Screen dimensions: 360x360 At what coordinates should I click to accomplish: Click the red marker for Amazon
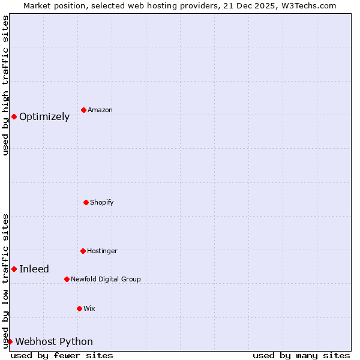click(83, 110)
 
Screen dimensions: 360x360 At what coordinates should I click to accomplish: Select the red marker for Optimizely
click(14, 116)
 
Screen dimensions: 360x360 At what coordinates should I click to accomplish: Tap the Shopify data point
click(86, 202)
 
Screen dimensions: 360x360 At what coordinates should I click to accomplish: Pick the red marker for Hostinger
click(83, 251)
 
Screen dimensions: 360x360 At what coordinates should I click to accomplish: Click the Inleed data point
click(14, 269)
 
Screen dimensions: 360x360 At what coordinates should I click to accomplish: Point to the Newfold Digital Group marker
click(67, 279)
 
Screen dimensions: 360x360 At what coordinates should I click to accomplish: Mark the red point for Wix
click(79, 308)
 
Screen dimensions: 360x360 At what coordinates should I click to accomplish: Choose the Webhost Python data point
click(10, 341)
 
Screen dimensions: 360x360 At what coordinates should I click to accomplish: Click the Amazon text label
click(100, 110)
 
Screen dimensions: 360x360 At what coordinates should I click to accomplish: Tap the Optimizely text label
click(44, 116)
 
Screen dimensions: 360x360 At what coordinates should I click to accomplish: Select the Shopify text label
click(102, 202)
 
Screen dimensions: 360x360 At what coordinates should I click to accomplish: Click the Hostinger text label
click(102, 251)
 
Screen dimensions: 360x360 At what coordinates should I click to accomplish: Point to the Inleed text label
click(34, 269)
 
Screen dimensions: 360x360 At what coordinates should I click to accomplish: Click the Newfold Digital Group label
click(106, 279)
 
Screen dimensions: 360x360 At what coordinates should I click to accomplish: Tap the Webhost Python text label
click(54, 341)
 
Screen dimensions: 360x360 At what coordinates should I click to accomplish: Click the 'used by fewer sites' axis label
click(62, 355)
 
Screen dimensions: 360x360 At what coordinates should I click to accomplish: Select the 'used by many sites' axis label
click(301, 355)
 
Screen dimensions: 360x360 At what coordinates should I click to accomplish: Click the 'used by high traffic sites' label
click(5, 85)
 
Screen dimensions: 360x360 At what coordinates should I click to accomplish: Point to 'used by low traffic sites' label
click(5, 280)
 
